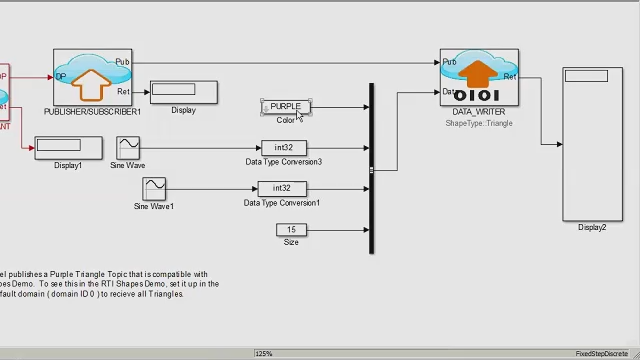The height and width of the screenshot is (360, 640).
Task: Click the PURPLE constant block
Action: [x=285, y=106]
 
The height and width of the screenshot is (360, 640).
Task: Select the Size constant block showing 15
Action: [x=291, y=230]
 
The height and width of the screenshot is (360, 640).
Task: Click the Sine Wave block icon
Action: [x=128, y=148]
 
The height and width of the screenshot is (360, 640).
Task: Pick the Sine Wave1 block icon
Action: [x=154, y=188]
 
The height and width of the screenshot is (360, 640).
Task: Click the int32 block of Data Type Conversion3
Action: [x=283, y=148]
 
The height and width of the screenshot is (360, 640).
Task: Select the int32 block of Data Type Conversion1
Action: [x=282, y=188]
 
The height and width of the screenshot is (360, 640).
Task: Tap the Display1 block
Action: [x=68, y=147]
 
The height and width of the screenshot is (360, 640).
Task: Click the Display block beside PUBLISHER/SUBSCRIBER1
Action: [x=183, y=92]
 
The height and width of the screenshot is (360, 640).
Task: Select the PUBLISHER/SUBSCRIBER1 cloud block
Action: [x=92, y=76]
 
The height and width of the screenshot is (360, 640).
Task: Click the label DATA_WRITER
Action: [x=479, y=112]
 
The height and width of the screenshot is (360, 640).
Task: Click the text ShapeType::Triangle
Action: [x=479, y=123]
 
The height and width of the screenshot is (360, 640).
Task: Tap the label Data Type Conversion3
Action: [x=284, y=162]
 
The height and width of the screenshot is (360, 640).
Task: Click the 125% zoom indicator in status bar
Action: [x=264, y=354]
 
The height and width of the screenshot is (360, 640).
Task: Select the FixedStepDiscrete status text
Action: [x=604, y=354]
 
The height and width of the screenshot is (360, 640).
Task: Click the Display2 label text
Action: [x=592, y=228]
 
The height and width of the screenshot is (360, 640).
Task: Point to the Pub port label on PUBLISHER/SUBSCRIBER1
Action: [x=122, y=62]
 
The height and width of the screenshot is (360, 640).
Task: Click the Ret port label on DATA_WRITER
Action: [x=509, y=77]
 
